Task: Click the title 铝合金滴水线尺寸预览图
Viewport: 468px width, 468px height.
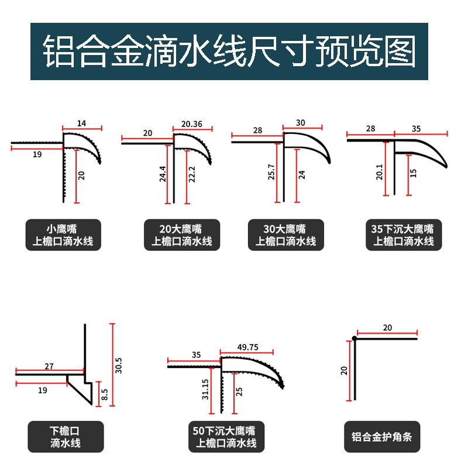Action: point(229,51)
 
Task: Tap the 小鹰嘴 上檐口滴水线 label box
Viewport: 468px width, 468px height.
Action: point(63,235)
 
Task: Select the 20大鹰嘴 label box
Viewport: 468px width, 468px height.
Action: point(182,235)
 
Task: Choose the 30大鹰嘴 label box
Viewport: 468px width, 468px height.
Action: point(286,235)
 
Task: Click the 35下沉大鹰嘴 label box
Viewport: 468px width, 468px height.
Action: point(404,235)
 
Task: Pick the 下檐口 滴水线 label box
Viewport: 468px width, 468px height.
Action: point(66,436)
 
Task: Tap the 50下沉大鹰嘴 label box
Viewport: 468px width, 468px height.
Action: point(226,436)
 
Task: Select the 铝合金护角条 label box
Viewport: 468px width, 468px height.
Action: point(382,436)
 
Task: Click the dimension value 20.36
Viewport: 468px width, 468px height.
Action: point(192,124)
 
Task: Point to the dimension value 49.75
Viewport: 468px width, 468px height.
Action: point(247,347)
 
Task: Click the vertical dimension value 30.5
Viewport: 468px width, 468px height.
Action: point(119,365)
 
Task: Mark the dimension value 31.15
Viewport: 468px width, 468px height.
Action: point(205,389)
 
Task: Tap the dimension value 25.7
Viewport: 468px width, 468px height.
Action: point(271,172)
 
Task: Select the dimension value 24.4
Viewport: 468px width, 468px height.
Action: point(163,174)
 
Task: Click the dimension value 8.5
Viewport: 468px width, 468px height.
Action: point(105,394)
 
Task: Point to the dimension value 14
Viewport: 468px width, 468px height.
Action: point(81,123)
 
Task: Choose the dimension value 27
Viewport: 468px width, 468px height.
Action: point(49,366)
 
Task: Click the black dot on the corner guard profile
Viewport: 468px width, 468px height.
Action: point(355,338)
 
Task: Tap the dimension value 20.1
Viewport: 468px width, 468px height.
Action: point(379,172)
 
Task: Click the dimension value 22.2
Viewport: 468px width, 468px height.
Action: point(192,174)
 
